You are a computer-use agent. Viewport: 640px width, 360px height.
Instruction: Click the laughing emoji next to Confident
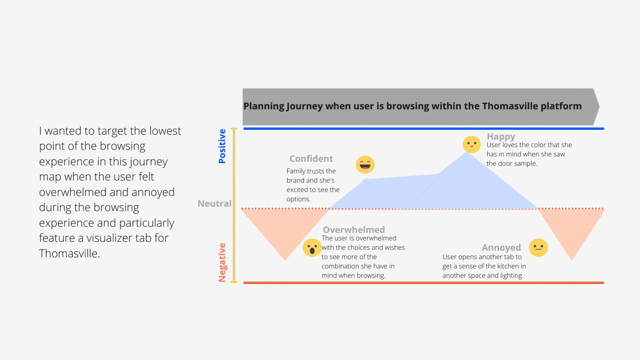(365, 165)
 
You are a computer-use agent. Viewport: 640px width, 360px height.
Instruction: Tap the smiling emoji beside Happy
(472, 144)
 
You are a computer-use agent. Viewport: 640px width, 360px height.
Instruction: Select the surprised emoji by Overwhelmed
(312, 248)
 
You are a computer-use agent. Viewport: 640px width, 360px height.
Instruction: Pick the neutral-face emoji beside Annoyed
(538, 248)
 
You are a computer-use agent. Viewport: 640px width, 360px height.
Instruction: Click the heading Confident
(311, 159)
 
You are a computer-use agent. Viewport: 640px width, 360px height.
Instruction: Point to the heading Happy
(501, 136)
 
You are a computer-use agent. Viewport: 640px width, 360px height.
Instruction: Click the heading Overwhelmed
(354, 230)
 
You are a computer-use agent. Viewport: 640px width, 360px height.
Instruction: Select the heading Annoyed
(501, 248)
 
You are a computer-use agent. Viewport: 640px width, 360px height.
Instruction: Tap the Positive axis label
(222, 146)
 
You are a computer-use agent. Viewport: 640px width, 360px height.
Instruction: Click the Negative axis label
(222, 262)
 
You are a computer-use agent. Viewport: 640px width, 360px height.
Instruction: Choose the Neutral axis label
(215, 204)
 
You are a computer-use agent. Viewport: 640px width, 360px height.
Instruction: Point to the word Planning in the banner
(263, 106)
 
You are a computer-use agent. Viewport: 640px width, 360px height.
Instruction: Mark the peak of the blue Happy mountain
(467, 152)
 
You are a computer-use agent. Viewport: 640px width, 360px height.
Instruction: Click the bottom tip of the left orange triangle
(285, 260)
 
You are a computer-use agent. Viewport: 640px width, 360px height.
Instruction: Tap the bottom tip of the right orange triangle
(572, 260)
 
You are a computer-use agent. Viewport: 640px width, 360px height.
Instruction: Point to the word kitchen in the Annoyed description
(501, 266)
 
